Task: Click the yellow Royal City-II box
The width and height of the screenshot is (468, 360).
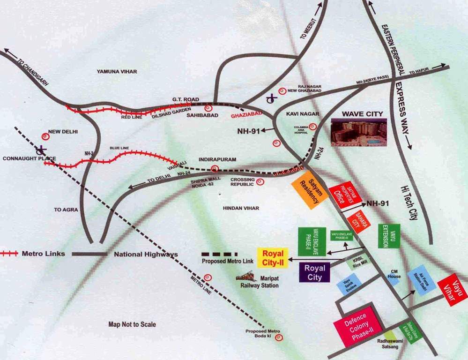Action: (272, 258)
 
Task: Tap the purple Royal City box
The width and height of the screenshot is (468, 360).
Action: (314, 272)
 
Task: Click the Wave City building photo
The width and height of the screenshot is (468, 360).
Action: (359, 132)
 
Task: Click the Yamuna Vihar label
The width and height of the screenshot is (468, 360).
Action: (117, 71)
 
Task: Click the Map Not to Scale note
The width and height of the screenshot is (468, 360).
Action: (132, 324)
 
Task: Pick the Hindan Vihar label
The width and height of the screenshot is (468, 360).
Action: (241, 208)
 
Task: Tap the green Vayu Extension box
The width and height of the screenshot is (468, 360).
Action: (389, 235)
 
